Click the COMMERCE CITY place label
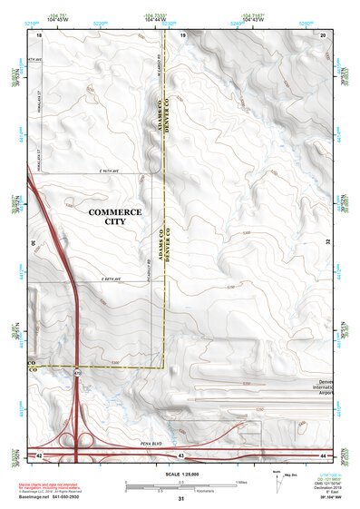coord(114,216)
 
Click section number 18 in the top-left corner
coord(39,34)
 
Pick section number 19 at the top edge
coord(182,34)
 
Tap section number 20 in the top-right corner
coord(323,34)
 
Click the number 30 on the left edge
coord(33,243)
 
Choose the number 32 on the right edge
coord(326,243)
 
